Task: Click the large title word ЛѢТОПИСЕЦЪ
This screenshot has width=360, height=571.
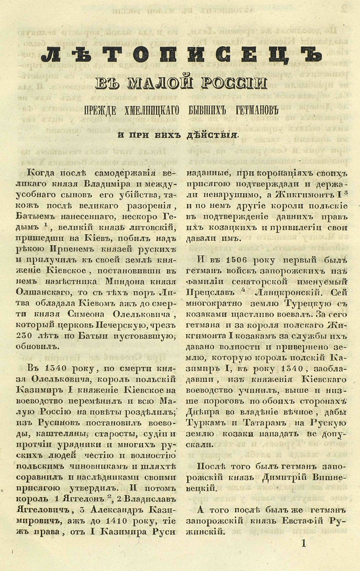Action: point(181,55)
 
